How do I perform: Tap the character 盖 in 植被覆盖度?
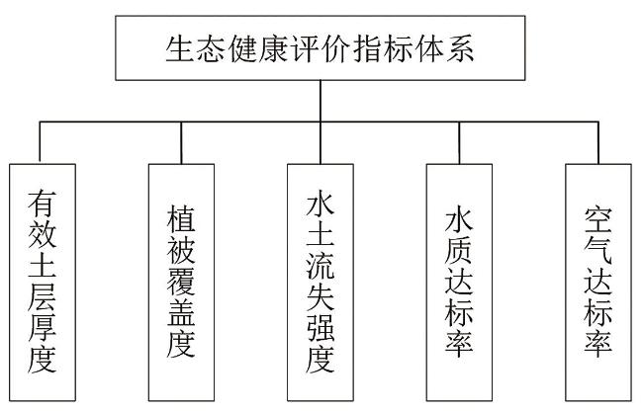click(x=181, y=313)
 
